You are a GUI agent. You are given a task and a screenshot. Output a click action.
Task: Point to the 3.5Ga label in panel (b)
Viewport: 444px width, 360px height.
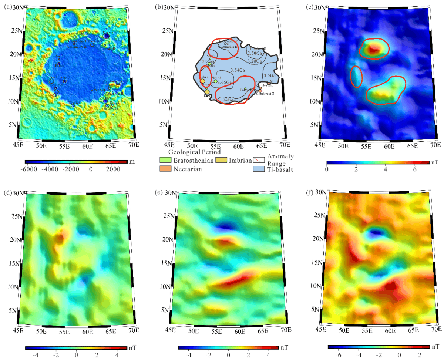click(x=268, y=75)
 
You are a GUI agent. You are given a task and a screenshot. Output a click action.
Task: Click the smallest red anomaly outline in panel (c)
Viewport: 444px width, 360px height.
click(x=356, y=77)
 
